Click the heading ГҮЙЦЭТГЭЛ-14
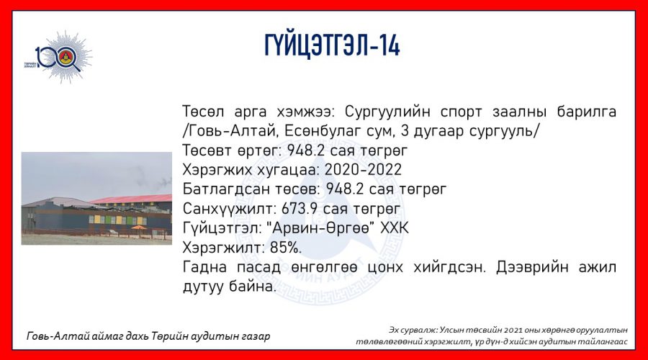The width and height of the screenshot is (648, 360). (x=332, y=45)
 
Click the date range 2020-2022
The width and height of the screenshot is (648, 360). (x=363, y=170)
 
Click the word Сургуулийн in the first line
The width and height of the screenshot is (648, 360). (x=387, y=112)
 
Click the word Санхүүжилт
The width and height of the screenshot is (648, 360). (x=229, y=209)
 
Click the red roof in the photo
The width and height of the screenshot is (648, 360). (x=132, y=199)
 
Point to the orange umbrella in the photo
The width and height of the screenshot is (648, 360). (x=139, y=228)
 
